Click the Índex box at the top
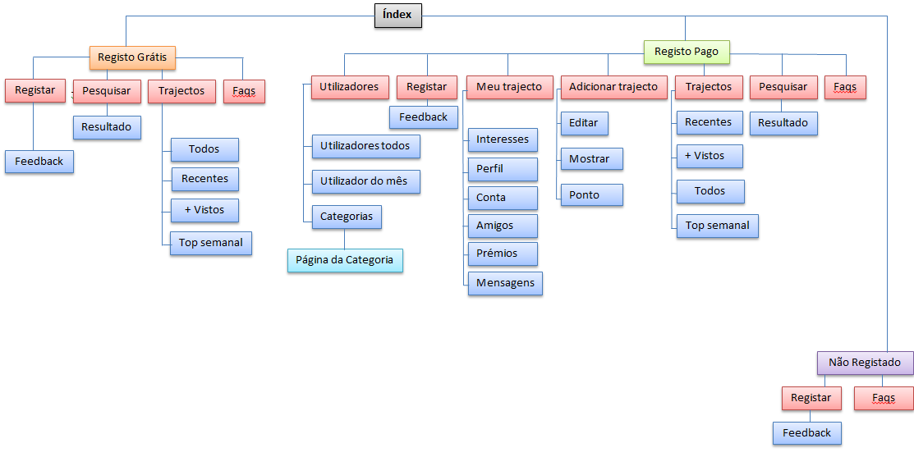click(x=398, y=15)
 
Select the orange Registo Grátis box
click(x=132, y=57)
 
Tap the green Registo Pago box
click(x=687, y=52)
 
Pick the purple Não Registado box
click(x=865, y=363)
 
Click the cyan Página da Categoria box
click(x=345, y=261)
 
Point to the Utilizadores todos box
click(x=365, y=147)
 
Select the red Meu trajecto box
click(x=509, y=87)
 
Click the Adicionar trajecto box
click(x=613, y=87)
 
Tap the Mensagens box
click(x=505, y=283)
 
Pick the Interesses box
click(x=503, y=139)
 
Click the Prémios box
click(x=503, y=254)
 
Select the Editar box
click(x=583, y=124)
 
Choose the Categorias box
click(x=347, y=217)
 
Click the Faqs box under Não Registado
click(x=884, y=398)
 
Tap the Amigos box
click(x=503, y=226)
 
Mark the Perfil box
click(x=503, y=169)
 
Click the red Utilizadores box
click(x=349, y=87)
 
